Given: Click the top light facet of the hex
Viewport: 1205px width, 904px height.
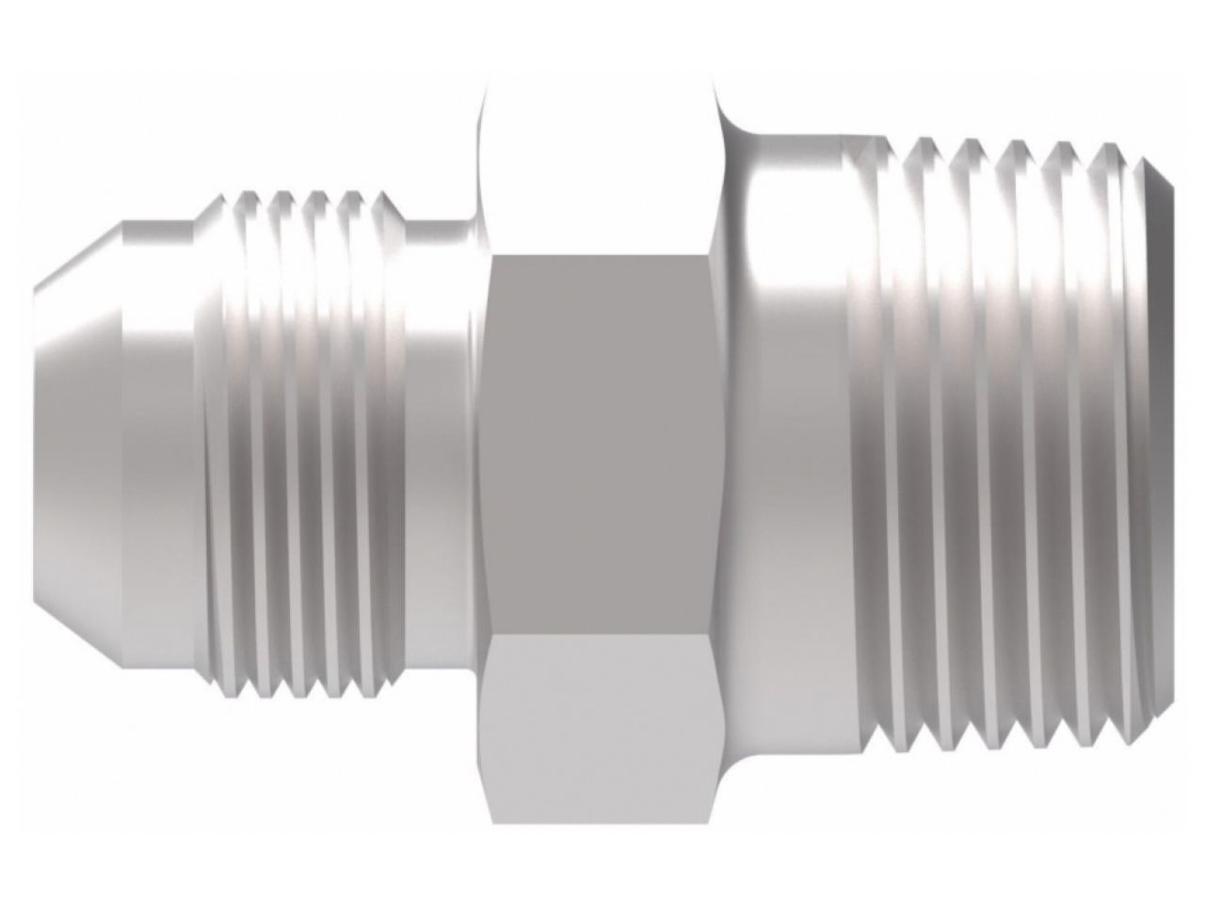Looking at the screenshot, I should [x=601, y=169].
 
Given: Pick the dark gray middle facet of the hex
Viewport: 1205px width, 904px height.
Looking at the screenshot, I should [x=601, y=443].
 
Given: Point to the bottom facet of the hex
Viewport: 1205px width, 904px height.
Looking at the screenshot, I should [x=601, y=716].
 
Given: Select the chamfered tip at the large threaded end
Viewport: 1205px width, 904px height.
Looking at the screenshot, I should [x=1165, y=443].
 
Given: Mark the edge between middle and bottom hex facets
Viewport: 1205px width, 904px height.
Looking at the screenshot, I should [x=601, y=633].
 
